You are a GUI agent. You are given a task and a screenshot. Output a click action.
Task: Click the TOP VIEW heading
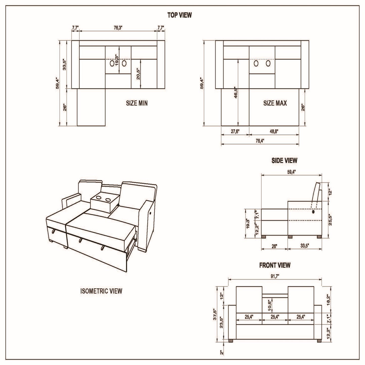click(x=179, y=15)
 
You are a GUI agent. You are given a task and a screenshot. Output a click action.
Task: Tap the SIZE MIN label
click(x=137, y=103)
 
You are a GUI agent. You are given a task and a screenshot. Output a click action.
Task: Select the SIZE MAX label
click(x=275, y=103)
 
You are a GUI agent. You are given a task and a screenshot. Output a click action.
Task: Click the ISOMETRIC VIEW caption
click(x=101, y=291)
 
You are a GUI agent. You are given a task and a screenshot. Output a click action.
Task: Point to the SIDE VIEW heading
click(x=284, y=160)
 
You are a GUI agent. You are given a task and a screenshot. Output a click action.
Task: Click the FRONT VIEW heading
click(x=275, y=265)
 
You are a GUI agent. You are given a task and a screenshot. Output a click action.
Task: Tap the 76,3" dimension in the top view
click(x=118, y=28)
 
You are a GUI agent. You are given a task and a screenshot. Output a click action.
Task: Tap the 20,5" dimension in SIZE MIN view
click(x=138, y=74)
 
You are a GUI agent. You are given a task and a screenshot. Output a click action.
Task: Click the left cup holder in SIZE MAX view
click(x=256, y=64)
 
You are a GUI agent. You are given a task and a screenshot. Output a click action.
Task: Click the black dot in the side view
click(x=313, y=212)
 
